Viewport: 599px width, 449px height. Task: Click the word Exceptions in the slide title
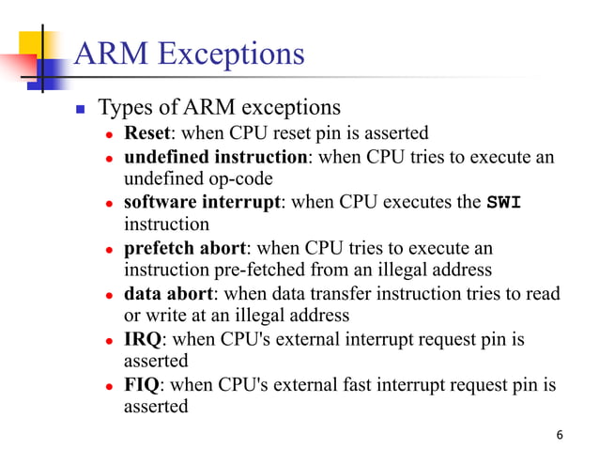coord(231,53)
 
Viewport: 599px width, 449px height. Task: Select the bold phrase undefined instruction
coord(215,156)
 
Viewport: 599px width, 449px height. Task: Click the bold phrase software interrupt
coord(202,202)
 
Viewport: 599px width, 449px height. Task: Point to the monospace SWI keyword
coord(505,202)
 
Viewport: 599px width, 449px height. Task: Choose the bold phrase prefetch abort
coord(185,248)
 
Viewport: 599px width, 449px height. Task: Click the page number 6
coord(560,435)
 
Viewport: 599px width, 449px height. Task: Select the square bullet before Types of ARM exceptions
coord(81,108)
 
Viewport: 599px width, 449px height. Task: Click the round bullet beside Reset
coord(109,133)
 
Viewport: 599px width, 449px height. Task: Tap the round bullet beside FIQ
coord(109,386)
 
